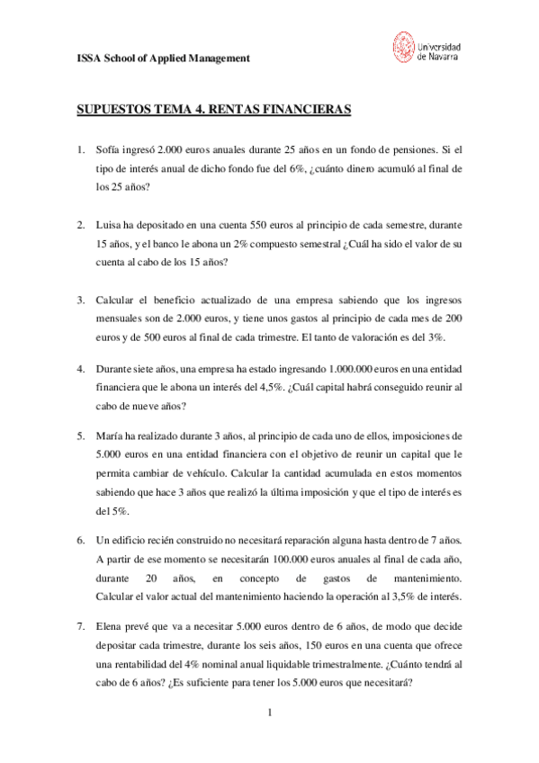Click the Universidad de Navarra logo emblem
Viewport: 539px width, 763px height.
pos(403,46)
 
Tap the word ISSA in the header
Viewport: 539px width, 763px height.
pos(82,58)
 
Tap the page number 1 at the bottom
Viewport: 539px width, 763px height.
pos(269,713)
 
